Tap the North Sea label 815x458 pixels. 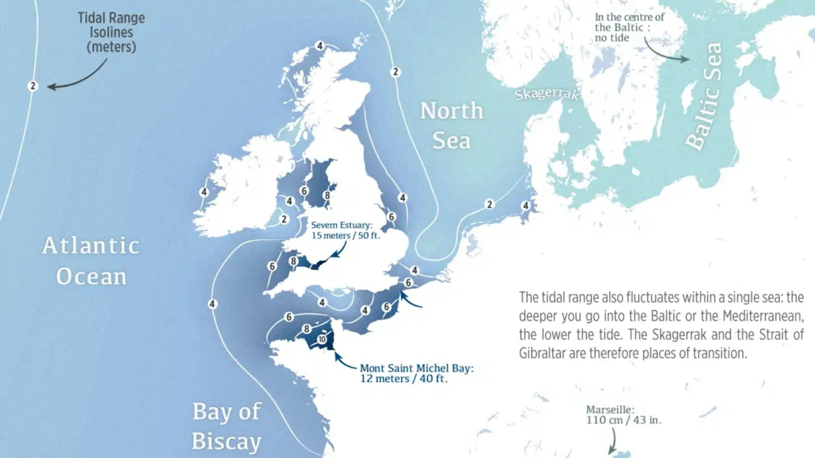click(452, 125)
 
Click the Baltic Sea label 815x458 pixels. click(703, 96)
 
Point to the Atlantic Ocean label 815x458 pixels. click(91, 261)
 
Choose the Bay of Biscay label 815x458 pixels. click(226, 426)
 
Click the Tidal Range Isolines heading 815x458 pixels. click(107, 32)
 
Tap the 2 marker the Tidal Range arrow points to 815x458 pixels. click(32, 85)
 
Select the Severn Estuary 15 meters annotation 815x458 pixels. click(341, 229)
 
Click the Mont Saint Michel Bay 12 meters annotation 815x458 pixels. click(416, 373)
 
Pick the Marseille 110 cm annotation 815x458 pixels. click(623, 415)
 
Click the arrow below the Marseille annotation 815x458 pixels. click(612, 442)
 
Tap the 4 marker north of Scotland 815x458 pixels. click(320, 45)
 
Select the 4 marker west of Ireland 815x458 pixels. click(204, 192)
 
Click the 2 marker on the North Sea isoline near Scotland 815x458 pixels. click(395, 71)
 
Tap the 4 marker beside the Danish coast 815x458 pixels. click(525, 205)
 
